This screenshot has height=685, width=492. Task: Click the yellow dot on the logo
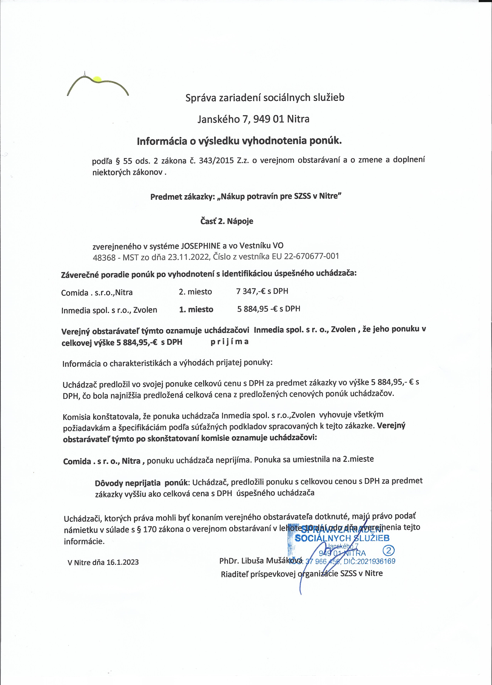(x=97, y=79)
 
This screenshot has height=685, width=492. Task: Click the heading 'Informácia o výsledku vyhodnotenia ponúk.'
(x=239, y=141)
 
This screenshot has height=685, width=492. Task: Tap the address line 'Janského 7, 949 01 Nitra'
(x=253, y=119)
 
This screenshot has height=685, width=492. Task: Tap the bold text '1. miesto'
(x=196, y=310)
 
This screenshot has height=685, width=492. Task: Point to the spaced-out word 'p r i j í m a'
(x=230, y=342)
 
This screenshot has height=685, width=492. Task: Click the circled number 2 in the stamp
(x=388, y=551)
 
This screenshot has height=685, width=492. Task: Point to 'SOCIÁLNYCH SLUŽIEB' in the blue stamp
(x=342, y=538)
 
